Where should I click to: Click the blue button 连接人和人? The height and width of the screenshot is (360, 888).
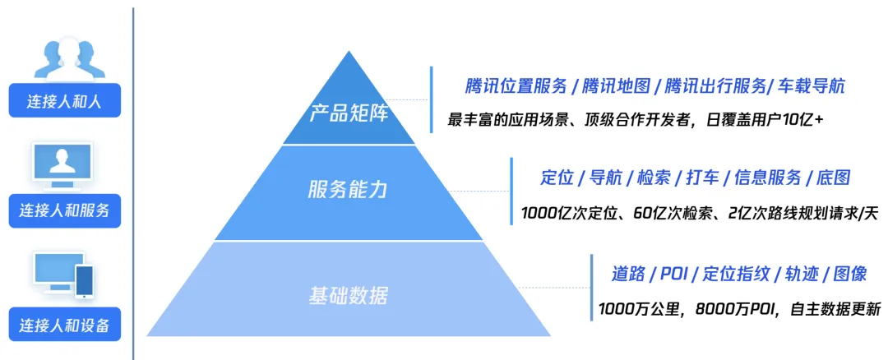[65, 100]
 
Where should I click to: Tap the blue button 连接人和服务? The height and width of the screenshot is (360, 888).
[65, 210]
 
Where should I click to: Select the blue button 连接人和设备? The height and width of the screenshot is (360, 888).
[65, 325]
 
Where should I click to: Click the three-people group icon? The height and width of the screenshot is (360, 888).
[69, 58]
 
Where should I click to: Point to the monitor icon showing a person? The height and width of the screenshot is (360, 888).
[62, 165]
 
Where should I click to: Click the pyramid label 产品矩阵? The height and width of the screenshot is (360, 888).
[349, 113]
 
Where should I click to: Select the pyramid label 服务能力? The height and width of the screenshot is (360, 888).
[348, 190]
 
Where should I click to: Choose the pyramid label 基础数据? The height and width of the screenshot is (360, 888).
[349, 295]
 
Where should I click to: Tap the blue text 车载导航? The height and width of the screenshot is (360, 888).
[812, 86]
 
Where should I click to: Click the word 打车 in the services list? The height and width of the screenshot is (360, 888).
[702, 178]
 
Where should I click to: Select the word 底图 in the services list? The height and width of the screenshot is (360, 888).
[833, 178]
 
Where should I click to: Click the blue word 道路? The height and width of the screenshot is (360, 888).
[629, 274]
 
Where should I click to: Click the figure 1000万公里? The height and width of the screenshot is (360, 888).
[638, 310]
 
